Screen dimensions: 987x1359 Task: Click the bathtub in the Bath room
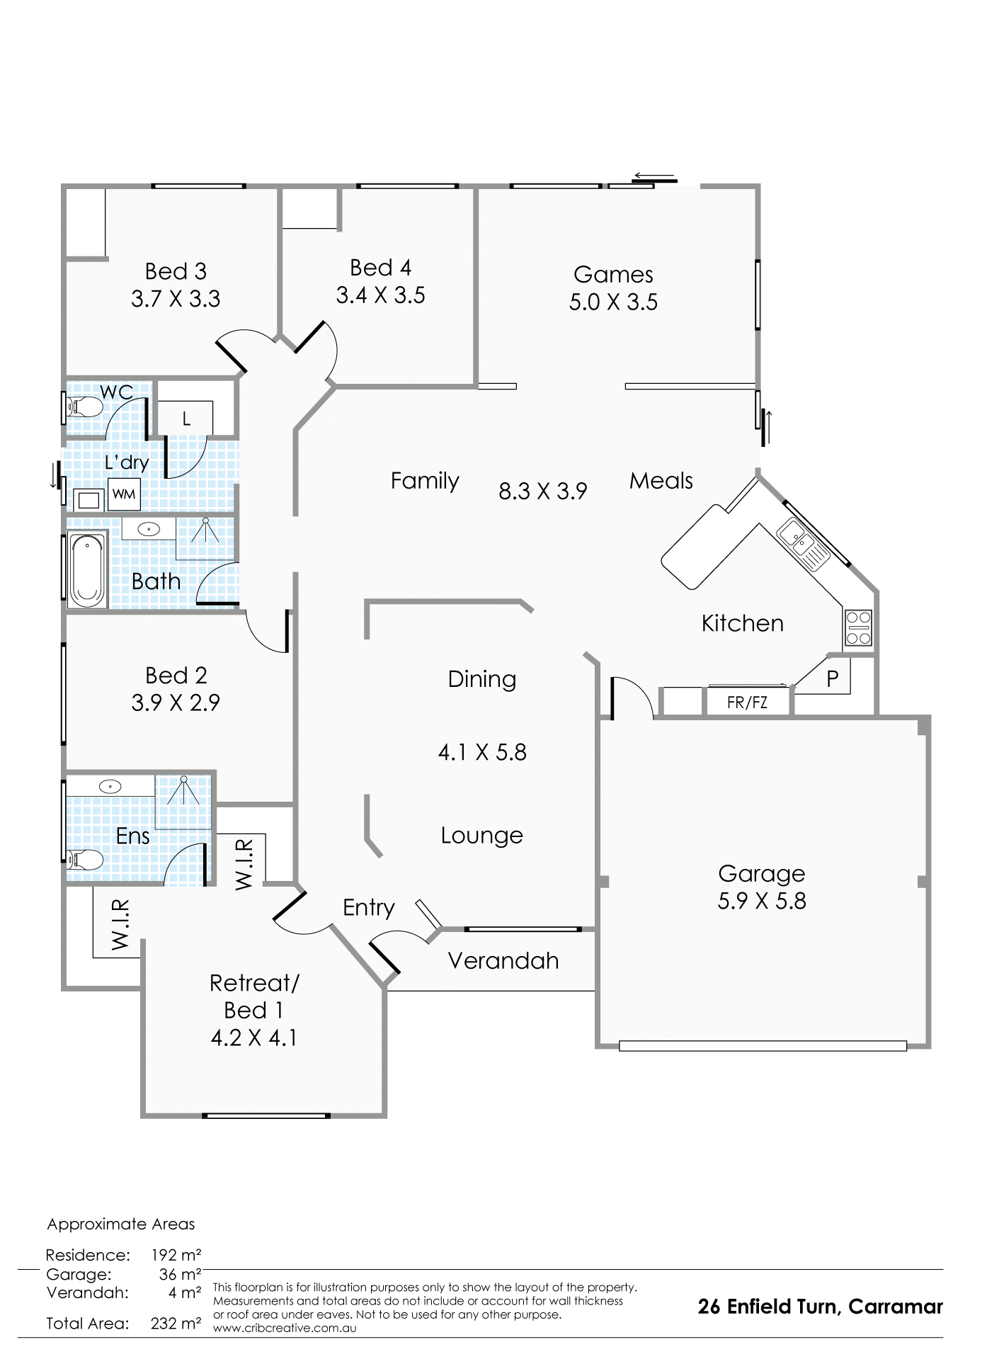click(86, 571)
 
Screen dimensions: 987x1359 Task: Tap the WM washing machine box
click(124, 494)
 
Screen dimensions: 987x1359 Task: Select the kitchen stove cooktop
click(858, 628)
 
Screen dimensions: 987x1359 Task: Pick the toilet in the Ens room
click(84, 861)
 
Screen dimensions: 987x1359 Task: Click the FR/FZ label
click(747, 704)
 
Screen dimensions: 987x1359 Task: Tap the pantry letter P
click(833, 679)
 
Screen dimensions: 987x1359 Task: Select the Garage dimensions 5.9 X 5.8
click(762, 901)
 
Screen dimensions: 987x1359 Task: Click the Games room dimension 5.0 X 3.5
click(613, 302)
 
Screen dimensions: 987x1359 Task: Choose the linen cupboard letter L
click(186, 419)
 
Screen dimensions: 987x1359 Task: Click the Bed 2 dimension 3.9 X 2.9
click(176, 703)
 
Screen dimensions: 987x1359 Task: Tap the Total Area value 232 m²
click(176, 1323)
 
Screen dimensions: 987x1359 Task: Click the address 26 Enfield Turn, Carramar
click(821, 1307)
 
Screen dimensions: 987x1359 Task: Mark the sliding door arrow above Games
click(654, 176)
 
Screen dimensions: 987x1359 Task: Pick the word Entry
click(368, 908)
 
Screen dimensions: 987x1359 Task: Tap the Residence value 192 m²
click(176, 1256)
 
